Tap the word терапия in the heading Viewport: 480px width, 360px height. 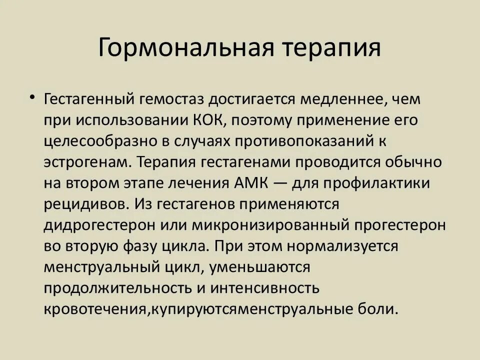(x=333, y=48)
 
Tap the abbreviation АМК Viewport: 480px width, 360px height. (x=251, y=183)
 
